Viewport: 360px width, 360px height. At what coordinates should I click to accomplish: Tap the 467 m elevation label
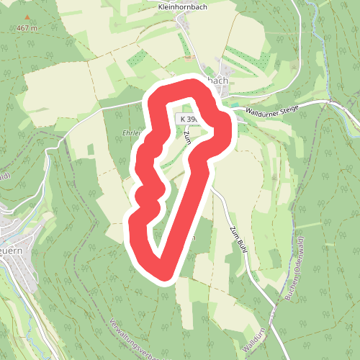pyautogui.click(x=27, y=29)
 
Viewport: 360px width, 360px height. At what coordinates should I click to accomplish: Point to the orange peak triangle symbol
pyautogui.click(x=27, y=17)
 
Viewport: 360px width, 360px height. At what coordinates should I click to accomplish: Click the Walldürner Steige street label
pyautogui.click(x=271, y=110)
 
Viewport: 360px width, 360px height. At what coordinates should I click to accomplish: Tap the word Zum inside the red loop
pyautogui.click(x=186, y=136)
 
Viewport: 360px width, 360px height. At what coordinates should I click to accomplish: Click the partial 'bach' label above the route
pyautogui.click(x=217, y=81)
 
